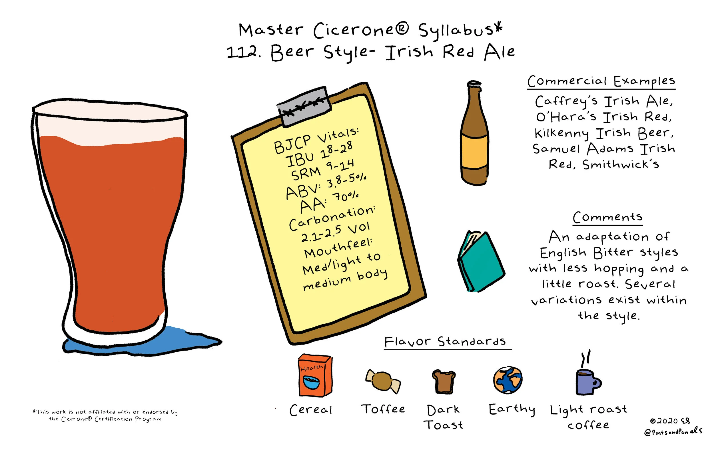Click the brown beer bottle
pos(474,133)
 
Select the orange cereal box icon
pos(315,375)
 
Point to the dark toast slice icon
pos(444,382)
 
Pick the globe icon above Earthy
pos(508,381)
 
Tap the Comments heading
pos(607,217)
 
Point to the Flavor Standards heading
pos(445,342)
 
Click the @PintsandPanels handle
pos(673,431)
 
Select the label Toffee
pos(383,409)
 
